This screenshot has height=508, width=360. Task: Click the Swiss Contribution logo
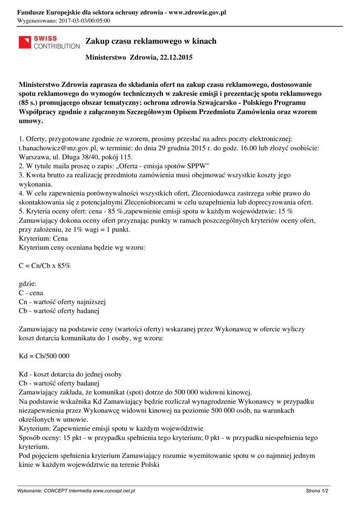[x=49, y=42]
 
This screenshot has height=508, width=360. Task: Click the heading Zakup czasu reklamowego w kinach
[x=151, y=41]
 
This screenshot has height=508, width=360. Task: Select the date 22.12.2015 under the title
[x=175, y=58]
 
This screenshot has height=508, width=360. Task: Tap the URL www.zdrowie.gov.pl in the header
[x=197, y=12]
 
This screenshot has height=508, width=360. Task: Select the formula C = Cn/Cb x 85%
[x=45, y=265]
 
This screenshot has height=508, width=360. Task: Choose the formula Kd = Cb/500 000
[x=44, y=356]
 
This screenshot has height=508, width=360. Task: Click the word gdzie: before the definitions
[x=28, y=284]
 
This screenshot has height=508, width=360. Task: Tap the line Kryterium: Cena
[x=43, y=238]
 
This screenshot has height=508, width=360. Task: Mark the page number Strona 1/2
[x=317, y=491]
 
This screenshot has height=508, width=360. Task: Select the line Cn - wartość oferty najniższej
[x=62, y=302]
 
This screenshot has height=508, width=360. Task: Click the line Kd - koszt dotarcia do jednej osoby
[x=70, y=374]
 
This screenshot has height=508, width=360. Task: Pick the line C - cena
[x=31, y=293]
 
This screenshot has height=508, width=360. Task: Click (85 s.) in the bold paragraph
[x=31, y=103]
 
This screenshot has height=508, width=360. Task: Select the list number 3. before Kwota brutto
[x=21, y=175]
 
